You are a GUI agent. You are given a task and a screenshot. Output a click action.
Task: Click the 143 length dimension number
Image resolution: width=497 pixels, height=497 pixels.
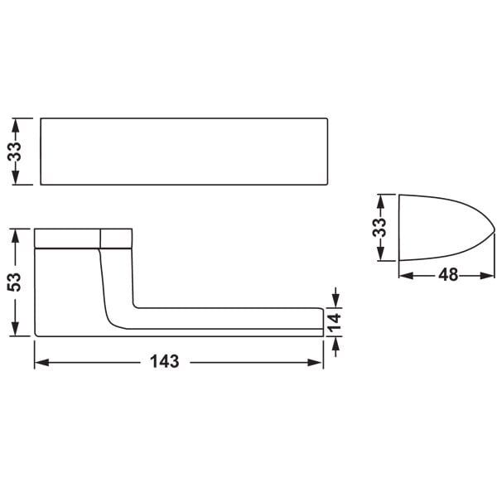click(x=165, y=361)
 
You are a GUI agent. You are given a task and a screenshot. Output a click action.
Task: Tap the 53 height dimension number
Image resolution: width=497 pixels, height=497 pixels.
click(x=15, y=282)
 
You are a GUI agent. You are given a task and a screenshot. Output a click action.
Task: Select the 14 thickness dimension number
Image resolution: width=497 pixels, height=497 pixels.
click(x=335, y=322)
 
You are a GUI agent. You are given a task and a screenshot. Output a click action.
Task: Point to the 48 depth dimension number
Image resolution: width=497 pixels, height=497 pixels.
click(x=448, y=275)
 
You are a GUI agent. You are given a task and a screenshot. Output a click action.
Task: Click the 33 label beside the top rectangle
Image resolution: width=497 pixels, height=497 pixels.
click(x=15, y=152)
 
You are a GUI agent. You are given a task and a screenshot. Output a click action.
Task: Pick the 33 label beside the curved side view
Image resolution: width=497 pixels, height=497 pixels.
click(x=379, y=227)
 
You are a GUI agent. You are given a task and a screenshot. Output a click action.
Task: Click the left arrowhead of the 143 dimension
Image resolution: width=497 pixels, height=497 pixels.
click(x=41, y=362)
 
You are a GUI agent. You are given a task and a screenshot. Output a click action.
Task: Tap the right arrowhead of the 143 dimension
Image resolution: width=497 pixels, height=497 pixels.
click(x=315, y=362)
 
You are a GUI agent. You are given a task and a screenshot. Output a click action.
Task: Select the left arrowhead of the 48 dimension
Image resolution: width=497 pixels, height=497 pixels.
click(x=407, y=276)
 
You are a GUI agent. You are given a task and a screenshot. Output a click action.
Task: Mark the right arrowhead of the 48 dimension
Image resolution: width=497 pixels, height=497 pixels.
click(x=488, y=276)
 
